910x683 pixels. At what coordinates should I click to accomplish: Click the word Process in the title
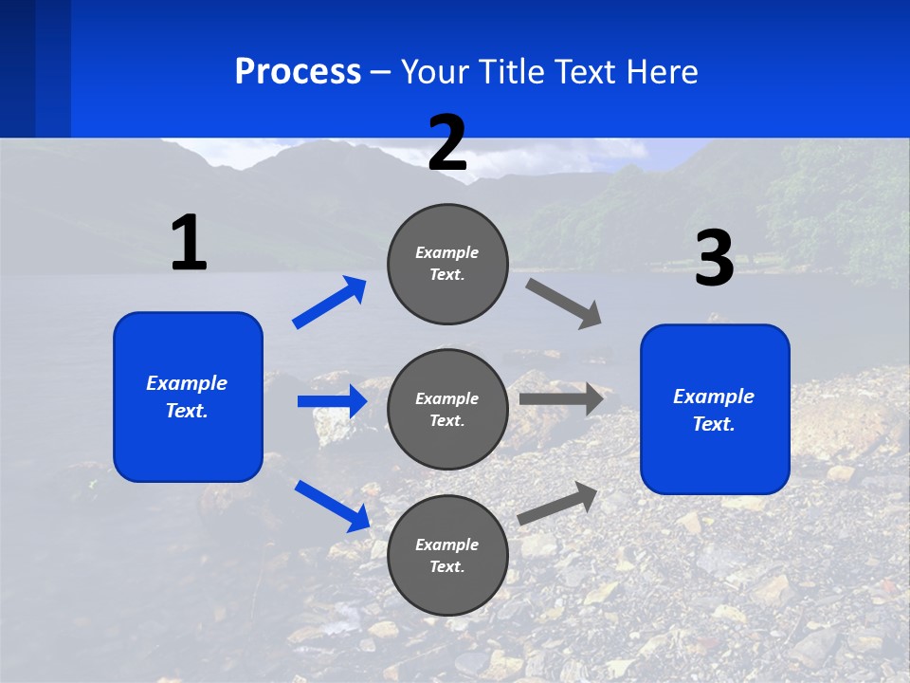pos(298,71)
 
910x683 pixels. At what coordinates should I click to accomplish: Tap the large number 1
pos(190,242)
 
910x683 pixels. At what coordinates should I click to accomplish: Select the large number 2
pos(447,142)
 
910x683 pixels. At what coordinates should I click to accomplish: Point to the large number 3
pos(715,257)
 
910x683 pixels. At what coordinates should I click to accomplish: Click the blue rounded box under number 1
pos(188,397)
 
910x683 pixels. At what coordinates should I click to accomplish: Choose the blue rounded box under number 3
pos(715,410)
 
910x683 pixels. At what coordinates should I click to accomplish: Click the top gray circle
pos(447,264)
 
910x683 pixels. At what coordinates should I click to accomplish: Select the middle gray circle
pos(447,410)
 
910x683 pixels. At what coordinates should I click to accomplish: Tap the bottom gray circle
pos(447,555)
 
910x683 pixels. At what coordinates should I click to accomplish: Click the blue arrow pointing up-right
pos(329,302)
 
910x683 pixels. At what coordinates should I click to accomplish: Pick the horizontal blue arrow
pos(333,400)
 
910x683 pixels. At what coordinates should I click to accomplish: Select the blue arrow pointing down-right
pos(333,507)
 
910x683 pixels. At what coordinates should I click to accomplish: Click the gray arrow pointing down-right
pos(563,304)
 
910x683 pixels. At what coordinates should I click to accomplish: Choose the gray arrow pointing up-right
pos(557,504)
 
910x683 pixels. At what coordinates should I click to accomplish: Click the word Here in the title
pos(662,71)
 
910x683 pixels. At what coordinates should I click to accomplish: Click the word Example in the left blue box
pos(187,383)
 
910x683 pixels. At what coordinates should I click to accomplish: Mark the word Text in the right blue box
pos(714,424)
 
